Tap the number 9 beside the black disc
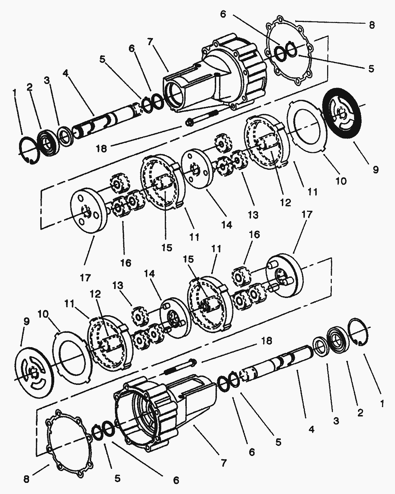375,169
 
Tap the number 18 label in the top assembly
102,148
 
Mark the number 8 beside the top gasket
372,25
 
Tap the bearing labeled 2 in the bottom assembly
337,340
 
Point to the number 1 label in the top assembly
15,93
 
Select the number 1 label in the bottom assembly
382,404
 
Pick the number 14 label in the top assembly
227,225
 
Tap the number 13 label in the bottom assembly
118,286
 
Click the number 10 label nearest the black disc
341,181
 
